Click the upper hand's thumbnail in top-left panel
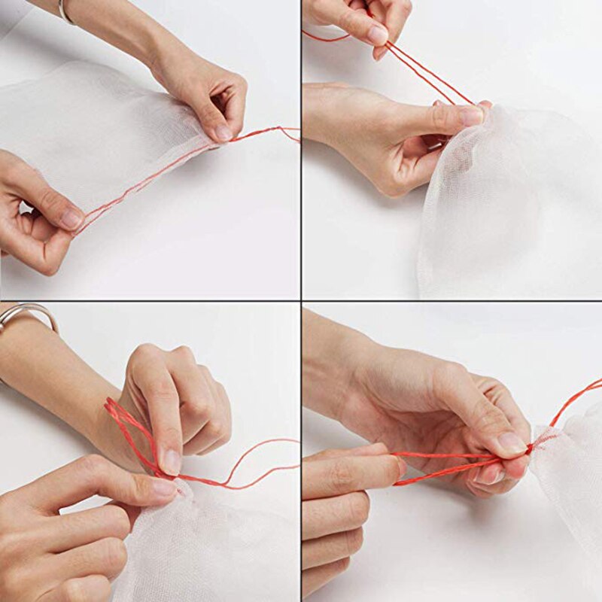223,133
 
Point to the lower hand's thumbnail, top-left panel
72,219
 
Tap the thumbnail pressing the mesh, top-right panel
471,115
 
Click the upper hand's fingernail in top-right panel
378,35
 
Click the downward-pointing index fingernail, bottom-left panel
172,461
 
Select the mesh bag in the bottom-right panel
572,482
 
